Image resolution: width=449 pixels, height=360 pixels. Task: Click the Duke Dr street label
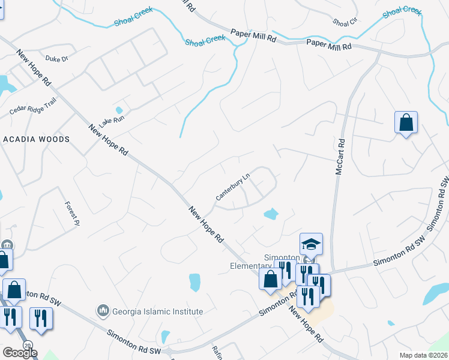(58, 59)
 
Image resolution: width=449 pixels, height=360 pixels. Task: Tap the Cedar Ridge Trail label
(32, 106)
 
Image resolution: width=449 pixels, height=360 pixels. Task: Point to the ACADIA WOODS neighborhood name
(37, 139)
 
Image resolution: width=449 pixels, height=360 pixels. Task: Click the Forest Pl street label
(72, 212)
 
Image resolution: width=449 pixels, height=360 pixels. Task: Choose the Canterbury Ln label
(233, 188)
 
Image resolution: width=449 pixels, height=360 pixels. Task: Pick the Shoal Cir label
(345, 22)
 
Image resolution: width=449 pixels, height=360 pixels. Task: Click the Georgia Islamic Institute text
(157, 311)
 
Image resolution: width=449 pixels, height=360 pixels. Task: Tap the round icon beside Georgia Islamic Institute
(103, 311)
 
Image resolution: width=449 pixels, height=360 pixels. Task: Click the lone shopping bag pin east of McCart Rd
(406, 122)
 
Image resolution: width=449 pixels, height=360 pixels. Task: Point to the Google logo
(19, 353)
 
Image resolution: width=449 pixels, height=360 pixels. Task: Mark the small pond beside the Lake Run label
(119, 110)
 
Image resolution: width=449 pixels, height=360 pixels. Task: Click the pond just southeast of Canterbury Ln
(271, 213)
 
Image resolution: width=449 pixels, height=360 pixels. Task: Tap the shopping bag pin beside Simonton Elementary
(270, 279)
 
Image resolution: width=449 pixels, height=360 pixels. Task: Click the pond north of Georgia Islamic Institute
(194, 282)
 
